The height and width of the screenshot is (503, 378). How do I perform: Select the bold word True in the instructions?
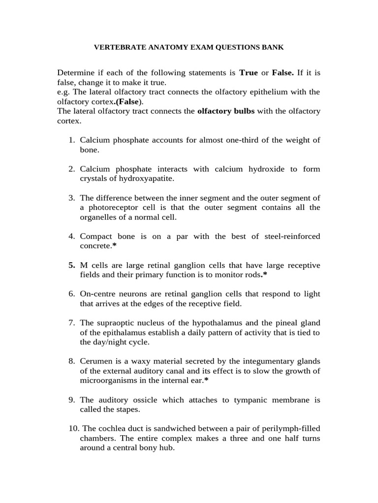(249, 73)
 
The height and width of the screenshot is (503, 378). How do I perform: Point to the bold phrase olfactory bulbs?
(226, 111)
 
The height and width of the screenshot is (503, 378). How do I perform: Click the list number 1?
(71, 140)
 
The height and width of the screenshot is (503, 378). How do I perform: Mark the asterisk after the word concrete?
(114, 246)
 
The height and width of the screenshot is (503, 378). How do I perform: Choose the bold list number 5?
(71, 265)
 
